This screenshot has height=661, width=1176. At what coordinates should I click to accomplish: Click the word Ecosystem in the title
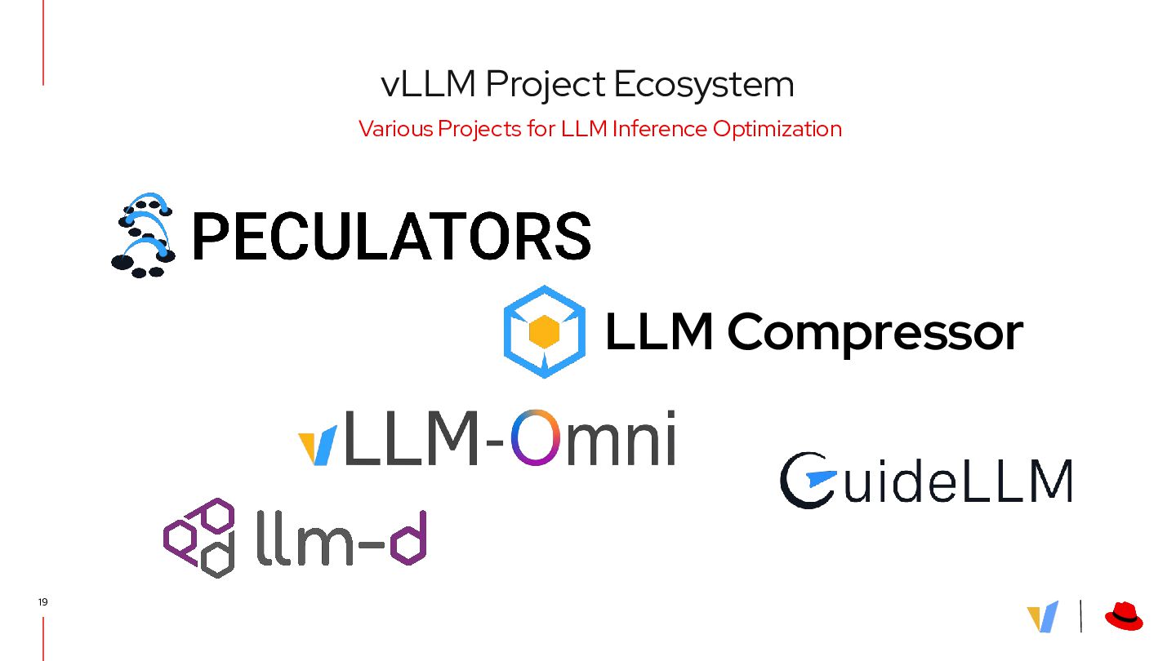703,85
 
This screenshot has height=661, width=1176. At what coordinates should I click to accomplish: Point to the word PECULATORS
390,236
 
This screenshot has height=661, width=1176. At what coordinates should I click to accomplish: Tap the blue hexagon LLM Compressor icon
544,331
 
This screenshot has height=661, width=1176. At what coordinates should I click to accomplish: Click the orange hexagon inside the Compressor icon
544,331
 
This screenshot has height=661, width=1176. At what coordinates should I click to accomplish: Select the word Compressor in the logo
874,333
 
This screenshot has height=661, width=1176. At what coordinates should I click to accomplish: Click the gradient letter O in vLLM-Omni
540,437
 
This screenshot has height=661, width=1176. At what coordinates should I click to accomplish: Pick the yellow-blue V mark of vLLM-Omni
318,446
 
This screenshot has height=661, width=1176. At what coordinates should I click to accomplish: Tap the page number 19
42,602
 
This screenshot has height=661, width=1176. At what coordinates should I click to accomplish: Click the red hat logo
1124,616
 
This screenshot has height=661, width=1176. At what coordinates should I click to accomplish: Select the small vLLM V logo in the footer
1043,617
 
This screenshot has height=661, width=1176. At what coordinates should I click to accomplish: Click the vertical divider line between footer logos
1081,616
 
